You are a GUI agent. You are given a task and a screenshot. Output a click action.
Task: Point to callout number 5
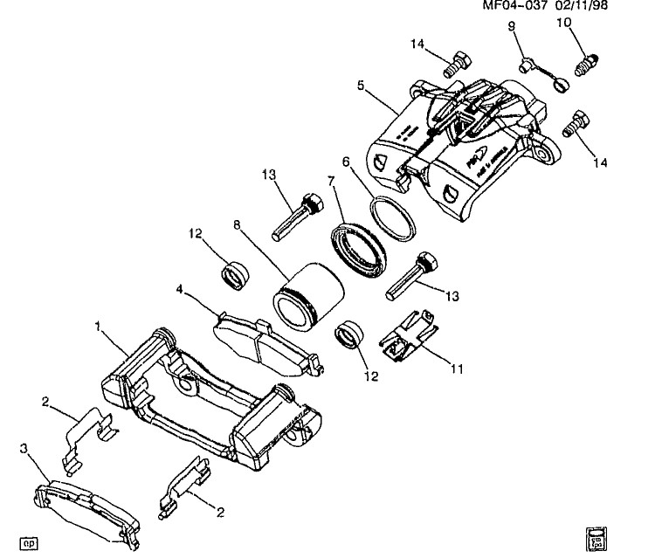(x=359, y=86)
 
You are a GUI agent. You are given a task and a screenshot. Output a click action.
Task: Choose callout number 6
(x=346, y=162)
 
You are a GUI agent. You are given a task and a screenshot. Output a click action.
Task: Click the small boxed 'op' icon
(x=31, y=540)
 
